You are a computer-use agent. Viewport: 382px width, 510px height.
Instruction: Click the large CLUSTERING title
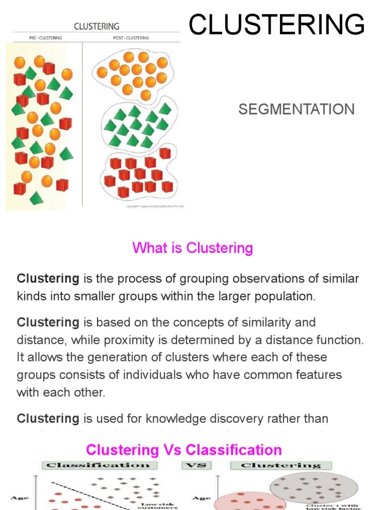(x=277, y=25)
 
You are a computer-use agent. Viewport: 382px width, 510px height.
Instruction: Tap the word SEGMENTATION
(x=296, y=110)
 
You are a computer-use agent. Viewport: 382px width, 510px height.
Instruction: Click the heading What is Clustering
(x=192, y=248)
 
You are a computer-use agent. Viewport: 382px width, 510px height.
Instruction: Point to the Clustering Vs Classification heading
(x=184, y=450)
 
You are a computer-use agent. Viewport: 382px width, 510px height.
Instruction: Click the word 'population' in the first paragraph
(x=285, y=297)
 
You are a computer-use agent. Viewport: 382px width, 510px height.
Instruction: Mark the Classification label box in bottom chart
(x=98, y=465)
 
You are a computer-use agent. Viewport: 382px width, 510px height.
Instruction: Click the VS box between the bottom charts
(x=195, y=465)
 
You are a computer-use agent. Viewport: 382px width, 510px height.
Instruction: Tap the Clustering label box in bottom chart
(x=281, y=465)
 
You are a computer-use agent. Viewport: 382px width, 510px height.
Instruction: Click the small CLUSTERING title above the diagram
(x=96, y=26)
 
